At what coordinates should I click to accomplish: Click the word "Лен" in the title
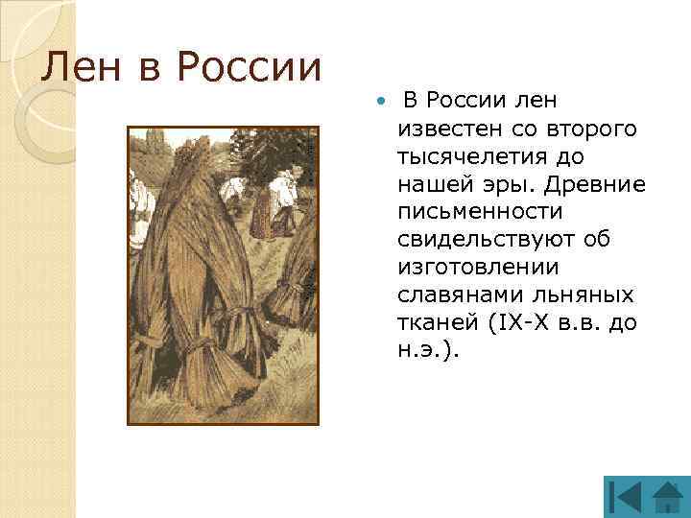click(x=76, y=68)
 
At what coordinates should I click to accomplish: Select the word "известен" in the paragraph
click(x=445, y=128)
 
